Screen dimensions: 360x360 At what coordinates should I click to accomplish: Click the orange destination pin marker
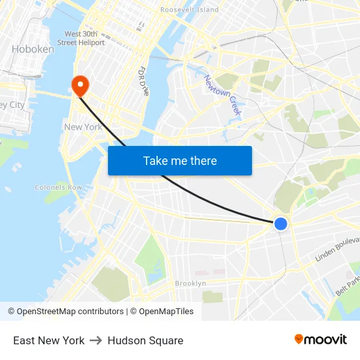[80, 85]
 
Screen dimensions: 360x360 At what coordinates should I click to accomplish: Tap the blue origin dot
[281, 224]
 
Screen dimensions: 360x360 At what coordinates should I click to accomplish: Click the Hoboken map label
[33, 49]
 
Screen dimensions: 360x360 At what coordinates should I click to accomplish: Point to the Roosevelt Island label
[189, 10]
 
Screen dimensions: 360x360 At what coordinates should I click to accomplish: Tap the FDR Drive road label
[143, 81]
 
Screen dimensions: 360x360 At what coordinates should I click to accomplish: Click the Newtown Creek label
[223, 96]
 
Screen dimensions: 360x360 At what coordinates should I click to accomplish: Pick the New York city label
[83, 127]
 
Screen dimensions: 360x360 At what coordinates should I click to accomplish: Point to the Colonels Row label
[58, 187]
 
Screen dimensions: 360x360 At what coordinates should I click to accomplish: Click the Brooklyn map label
[190, 283]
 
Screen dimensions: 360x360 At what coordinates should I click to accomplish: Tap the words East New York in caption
[49, 340]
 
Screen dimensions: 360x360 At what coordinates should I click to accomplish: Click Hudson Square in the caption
[145, 340]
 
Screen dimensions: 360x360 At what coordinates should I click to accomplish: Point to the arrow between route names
[96, 340]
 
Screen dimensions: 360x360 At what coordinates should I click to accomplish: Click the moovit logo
[321, 340]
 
